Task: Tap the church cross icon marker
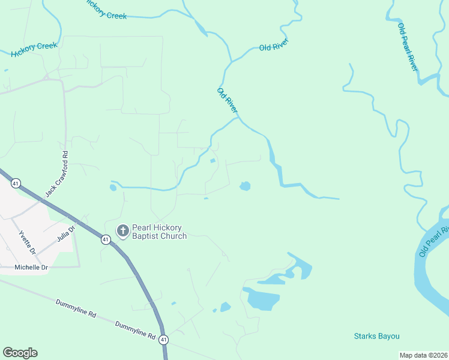pos(122,231)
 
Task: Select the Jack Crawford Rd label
pos(58,174)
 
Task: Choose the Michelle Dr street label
pos(31,267)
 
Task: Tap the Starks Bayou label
pos(376,336)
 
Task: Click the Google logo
pos(20,353)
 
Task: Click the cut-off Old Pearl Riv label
pos(435,242)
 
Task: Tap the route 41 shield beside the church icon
pos(106,239)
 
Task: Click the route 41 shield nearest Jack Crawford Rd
pos(16,182)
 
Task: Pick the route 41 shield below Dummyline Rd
pos(163,340)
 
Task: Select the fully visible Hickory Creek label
pos(34,49)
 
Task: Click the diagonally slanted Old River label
pos(228,100)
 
